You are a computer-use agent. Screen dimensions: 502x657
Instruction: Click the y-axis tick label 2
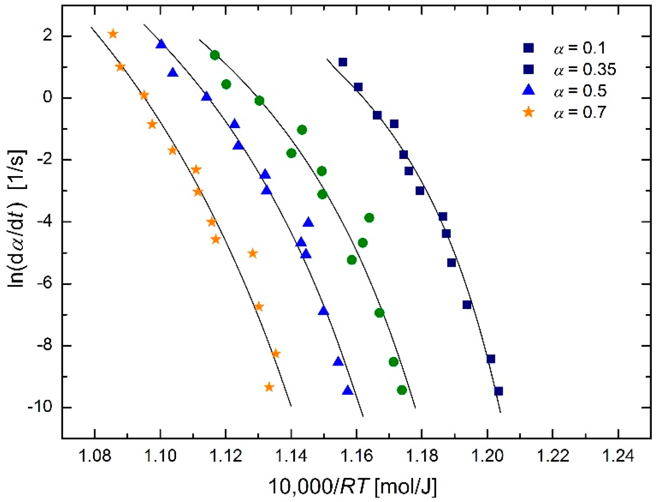(48, 36)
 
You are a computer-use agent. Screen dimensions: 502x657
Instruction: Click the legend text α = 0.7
(580, 112)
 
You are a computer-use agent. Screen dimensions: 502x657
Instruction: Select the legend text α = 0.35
(585, 69)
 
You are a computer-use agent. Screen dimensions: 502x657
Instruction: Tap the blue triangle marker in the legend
(529, 90)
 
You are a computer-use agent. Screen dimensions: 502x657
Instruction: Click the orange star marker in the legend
(529, 112)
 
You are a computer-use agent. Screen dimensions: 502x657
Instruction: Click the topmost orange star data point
(113, 34)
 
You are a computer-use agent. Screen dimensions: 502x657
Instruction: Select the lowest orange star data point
(269, 387)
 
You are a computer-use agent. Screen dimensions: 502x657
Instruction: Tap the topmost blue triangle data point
(161, 44)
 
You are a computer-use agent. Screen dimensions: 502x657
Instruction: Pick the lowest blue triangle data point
(347, 391)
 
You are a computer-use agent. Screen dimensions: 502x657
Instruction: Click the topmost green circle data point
(215, 55)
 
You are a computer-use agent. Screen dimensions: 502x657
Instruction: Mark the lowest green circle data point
(402, 390)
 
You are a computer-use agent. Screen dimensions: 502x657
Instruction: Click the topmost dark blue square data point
(343, 62)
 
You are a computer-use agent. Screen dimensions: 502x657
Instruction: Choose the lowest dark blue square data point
(498, 391)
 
